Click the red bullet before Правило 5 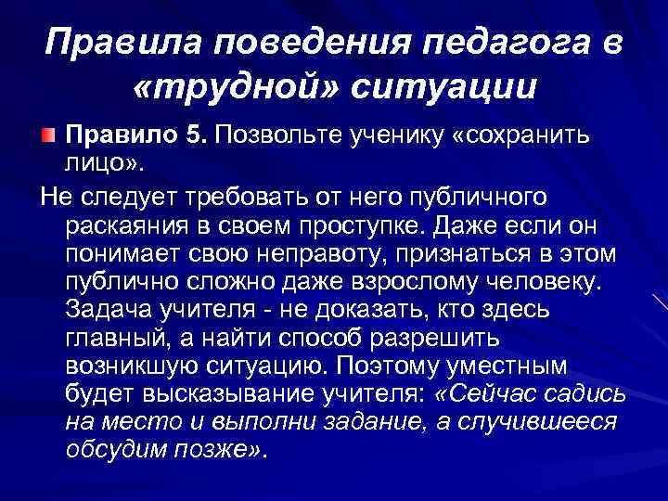[48, 135]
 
